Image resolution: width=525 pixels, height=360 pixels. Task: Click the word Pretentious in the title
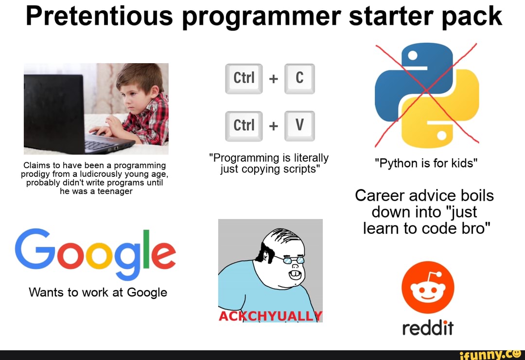99,16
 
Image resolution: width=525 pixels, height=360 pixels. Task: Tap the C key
299,78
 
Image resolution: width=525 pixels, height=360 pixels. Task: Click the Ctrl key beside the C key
244,78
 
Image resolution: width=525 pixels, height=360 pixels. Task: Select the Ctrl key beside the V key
244,126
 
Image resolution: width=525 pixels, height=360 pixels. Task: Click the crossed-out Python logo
427,95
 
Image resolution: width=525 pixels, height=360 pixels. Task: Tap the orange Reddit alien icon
428,288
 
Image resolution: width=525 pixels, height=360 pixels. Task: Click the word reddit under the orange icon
428,329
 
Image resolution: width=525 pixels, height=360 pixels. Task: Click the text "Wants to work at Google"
98,292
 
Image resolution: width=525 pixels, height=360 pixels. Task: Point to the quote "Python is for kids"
426,163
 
